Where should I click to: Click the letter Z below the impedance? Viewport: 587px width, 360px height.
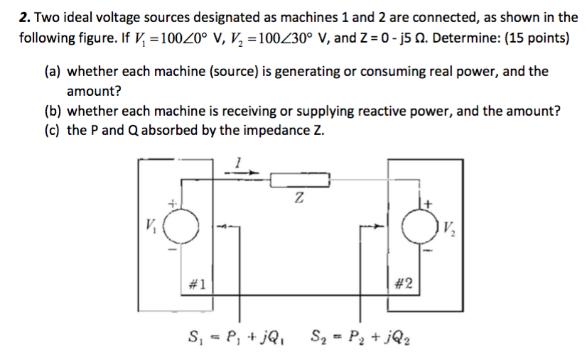pyautogui.click(x=299, y=200)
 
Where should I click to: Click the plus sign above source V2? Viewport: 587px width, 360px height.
pyautogui.click(x=429, y=204)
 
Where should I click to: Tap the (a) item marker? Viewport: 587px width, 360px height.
pyautogui.click(x=53, y=72)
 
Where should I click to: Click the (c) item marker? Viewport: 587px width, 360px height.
pyautogui.click(x=53, y=131)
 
